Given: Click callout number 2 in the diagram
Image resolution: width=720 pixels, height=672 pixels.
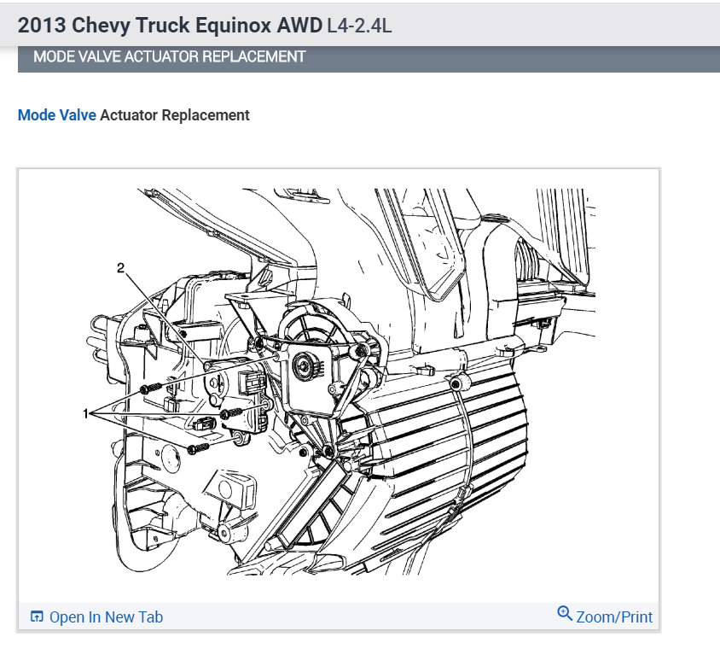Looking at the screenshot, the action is point(121,268).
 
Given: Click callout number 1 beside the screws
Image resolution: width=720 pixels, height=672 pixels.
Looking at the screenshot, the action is point(85,413).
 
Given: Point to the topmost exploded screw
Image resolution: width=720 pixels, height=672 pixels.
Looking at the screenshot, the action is point(150,388).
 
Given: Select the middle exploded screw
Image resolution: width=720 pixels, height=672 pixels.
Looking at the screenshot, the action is point(231,413).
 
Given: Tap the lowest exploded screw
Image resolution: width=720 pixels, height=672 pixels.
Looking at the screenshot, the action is point(199,448).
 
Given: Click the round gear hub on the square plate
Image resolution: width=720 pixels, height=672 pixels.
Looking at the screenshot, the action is point(304,365).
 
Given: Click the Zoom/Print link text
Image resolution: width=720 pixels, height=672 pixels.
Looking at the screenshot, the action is point(614,616).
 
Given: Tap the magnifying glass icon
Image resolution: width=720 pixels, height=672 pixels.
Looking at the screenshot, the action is point(565,613).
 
